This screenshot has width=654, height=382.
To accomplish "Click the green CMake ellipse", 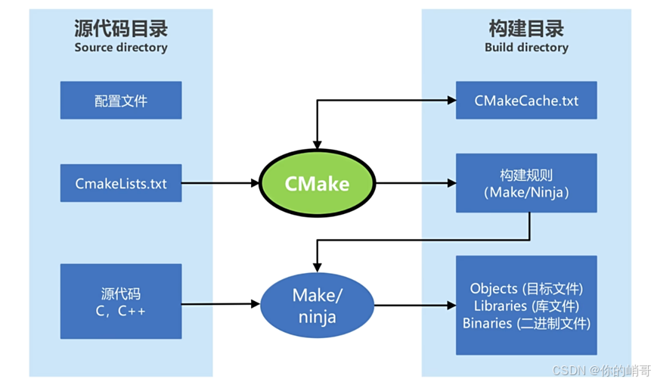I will tap(318, 183).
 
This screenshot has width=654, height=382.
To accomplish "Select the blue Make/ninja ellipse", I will tap(318, 305).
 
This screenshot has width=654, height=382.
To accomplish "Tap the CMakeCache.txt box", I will tap(526, 100).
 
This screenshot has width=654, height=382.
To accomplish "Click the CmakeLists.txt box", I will tap(121, 183).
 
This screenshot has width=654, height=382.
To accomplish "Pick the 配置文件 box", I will tap(121, 101).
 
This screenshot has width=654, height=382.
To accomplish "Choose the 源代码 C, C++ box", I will tap(121, 300).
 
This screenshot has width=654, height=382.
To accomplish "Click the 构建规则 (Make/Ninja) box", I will tap(526, 183).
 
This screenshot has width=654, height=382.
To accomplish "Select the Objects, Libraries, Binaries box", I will tap(526, 306).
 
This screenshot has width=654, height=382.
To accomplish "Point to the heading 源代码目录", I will tap(121, 29).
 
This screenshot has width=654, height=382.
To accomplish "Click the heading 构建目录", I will tap(526, 29).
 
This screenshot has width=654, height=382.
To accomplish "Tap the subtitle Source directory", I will tap(121, 48).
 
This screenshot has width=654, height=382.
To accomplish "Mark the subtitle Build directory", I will tap(526, 48).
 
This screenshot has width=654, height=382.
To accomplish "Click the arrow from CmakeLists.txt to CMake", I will tap(219, 183).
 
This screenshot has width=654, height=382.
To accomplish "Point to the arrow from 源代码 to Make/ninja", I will tap(219, 305).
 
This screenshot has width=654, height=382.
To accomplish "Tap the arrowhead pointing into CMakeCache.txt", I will tap(451, 100).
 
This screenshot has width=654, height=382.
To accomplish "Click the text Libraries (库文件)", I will tap(526, 306).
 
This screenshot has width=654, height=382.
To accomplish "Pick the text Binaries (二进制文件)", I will tap(526, 323).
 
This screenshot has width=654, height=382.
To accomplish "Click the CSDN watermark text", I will tap(601, 370).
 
